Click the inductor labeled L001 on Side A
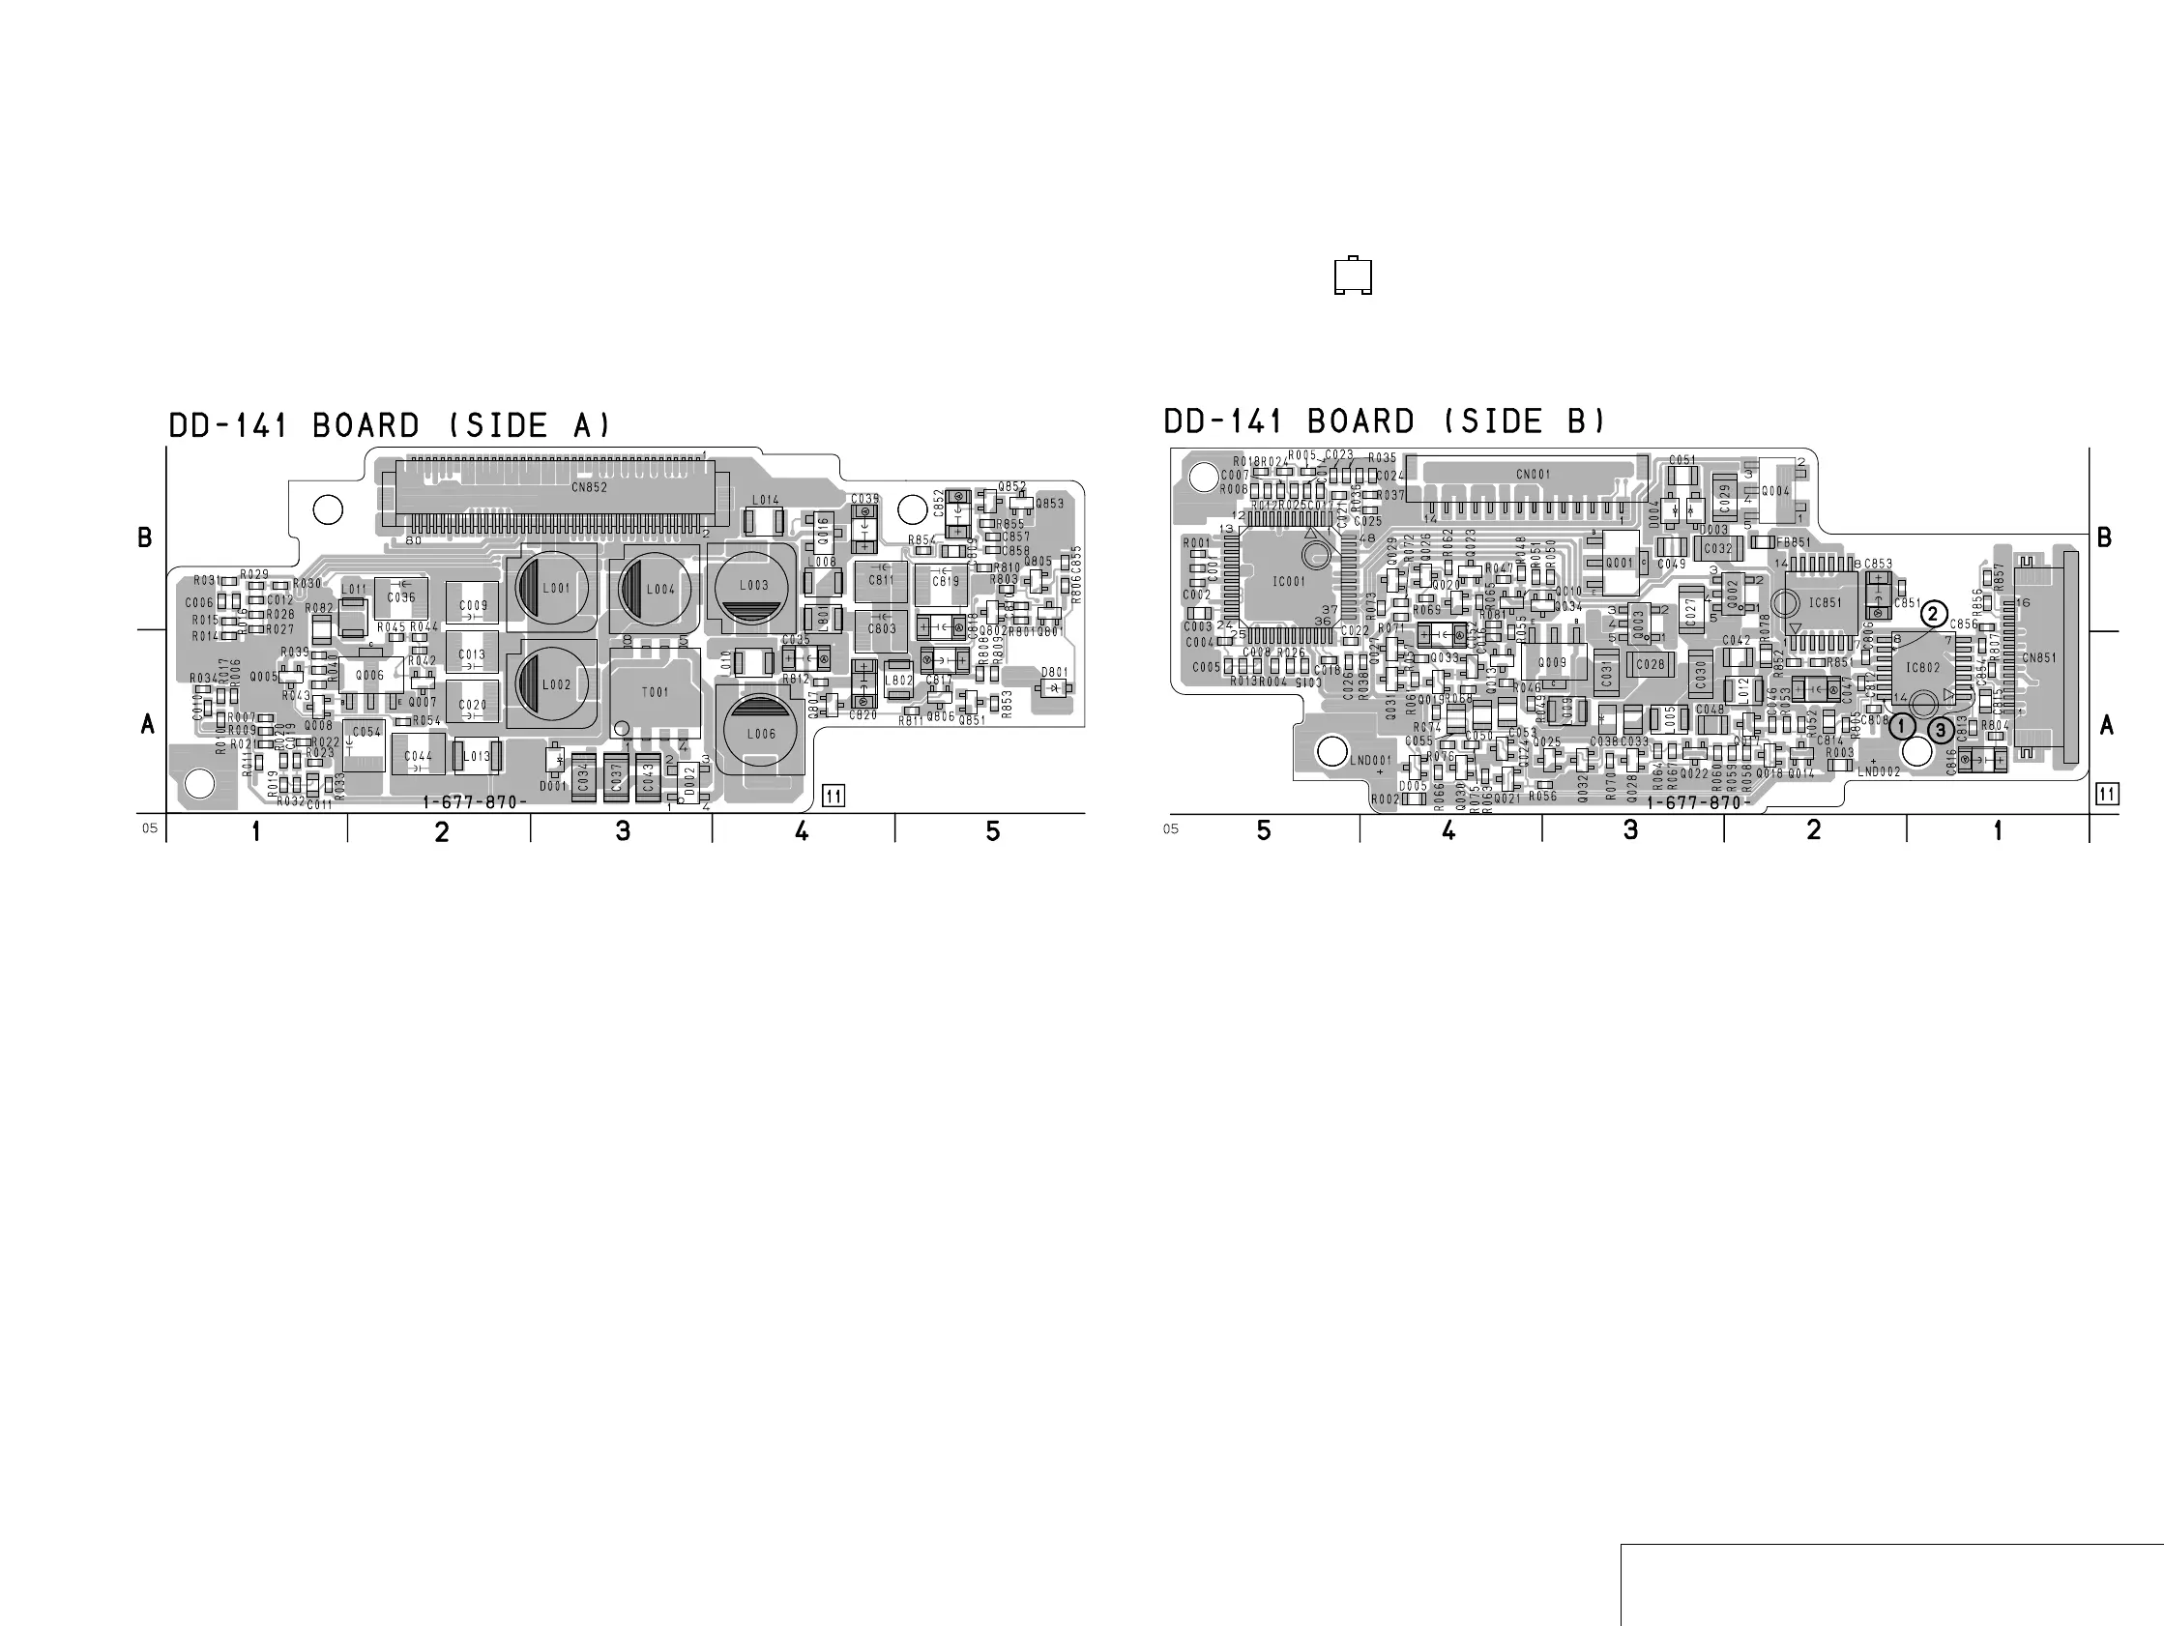554,588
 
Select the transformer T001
655,692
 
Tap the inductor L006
760,732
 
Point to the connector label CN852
589,487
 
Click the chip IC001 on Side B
1288,581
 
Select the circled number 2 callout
1933,615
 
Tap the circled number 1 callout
1902,727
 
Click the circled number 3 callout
1941,730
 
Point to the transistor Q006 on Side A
369,675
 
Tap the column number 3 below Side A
623,831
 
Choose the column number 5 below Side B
1264,830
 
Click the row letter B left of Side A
145,538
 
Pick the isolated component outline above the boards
1353,276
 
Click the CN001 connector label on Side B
1533,475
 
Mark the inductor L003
753,586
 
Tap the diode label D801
1054,672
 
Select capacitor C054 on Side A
366,732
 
